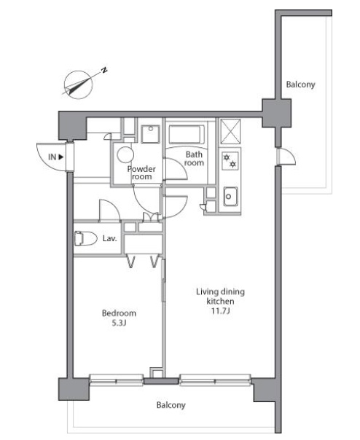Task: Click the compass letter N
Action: coord(104,70)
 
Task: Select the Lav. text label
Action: coord(109,238)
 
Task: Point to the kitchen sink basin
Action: coord(230,196)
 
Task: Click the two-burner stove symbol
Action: coord(230,161)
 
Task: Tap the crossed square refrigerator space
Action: coord(230,131)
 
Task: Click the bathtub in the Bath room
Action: coord(187,135)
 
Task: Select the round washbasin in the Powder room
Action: coord(125,154)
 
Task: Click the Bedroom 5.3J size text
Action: coord(119,323)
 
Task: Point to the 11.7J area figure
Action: coord(221,311)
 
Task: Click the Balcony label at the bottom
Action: coord(171,405)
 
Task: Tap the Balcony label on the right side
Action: coord(300,85)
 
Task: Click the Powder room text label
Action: coord(141,173)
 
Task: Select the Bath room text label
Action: coord(194,159)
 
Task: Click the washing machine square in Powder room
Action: coord(151,134)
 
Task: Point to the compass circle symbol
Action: coord(79,85)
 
